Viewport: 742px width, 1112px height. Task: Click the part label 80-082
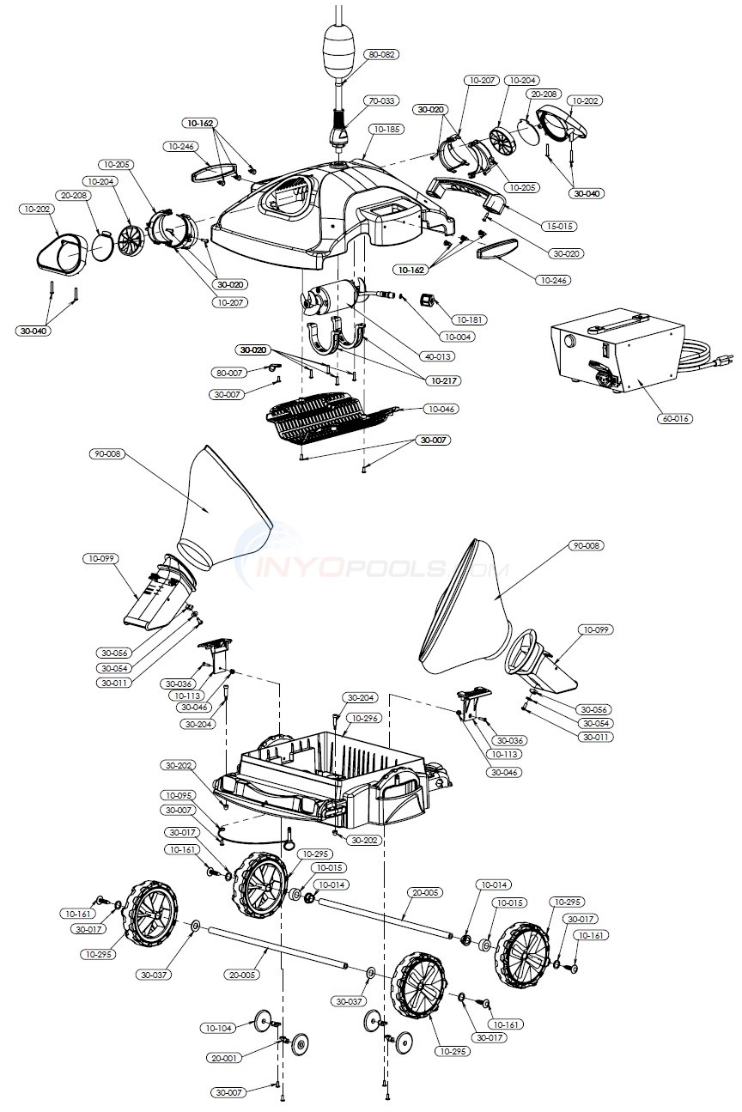pyautogui.click(x=382, y=54)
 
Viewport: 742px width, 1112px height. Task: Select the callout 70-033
pyautogui.click(x=382, y=100)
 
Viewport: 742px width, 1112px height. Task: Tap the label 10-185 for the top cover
pyautogui.click(x=386, y=129)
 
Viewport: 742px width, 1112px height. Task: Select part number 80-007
pyautogui.click(x=229, y=372)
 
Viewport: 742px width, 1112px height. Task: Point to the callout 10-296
pyautogui.click(x=364, y=718)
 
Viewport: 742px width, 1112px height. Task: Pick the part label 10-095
pyautogui.click(x=179, y=794)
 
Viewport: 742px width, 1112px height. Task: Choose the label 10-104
pyautogui.click(x=218, y=1028)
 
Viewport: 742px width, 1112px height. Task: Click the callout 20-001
pyautogui.click(x=225, y=1058)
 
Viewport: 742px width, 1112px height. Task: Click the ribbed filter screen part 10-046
pyautogui.click(x=331, y=421)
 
